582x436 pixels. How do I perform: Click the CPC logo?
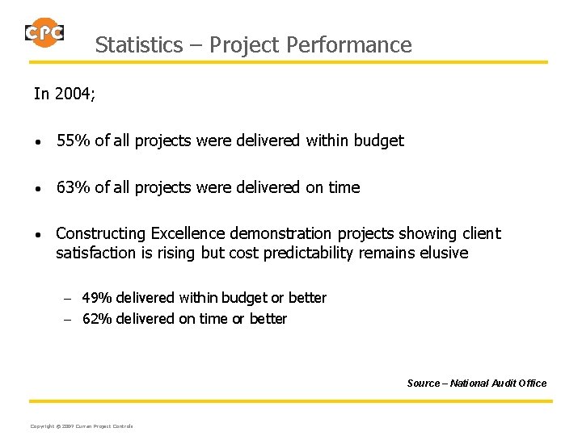point(44,32)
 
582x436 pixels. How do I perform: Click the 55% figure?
point(74,141)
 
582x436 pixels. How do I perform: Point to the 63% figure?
point(74,188)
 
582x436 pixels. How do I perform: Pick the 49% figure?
point(97,298)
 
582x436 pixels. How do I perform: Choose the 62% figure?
point(97,319)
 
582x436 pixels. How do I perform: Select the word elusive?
point(443,253)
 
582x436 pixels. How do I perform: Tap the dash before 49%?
point(69,299)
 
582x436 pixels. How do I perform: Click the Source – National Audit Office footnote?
point(477,383)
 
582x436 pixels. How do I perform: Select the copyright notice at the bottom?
point(81,426)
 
